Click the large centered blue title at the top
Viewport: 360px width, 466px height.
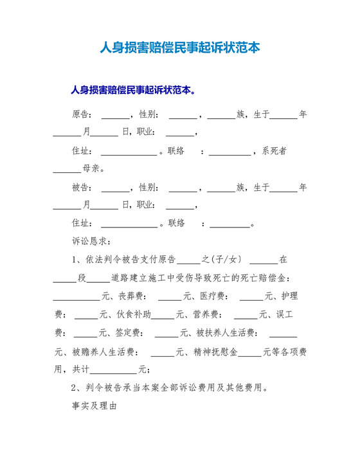(x=180, y=48)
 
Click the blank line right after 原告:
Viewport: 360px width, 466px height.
(x=115, y=116)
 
